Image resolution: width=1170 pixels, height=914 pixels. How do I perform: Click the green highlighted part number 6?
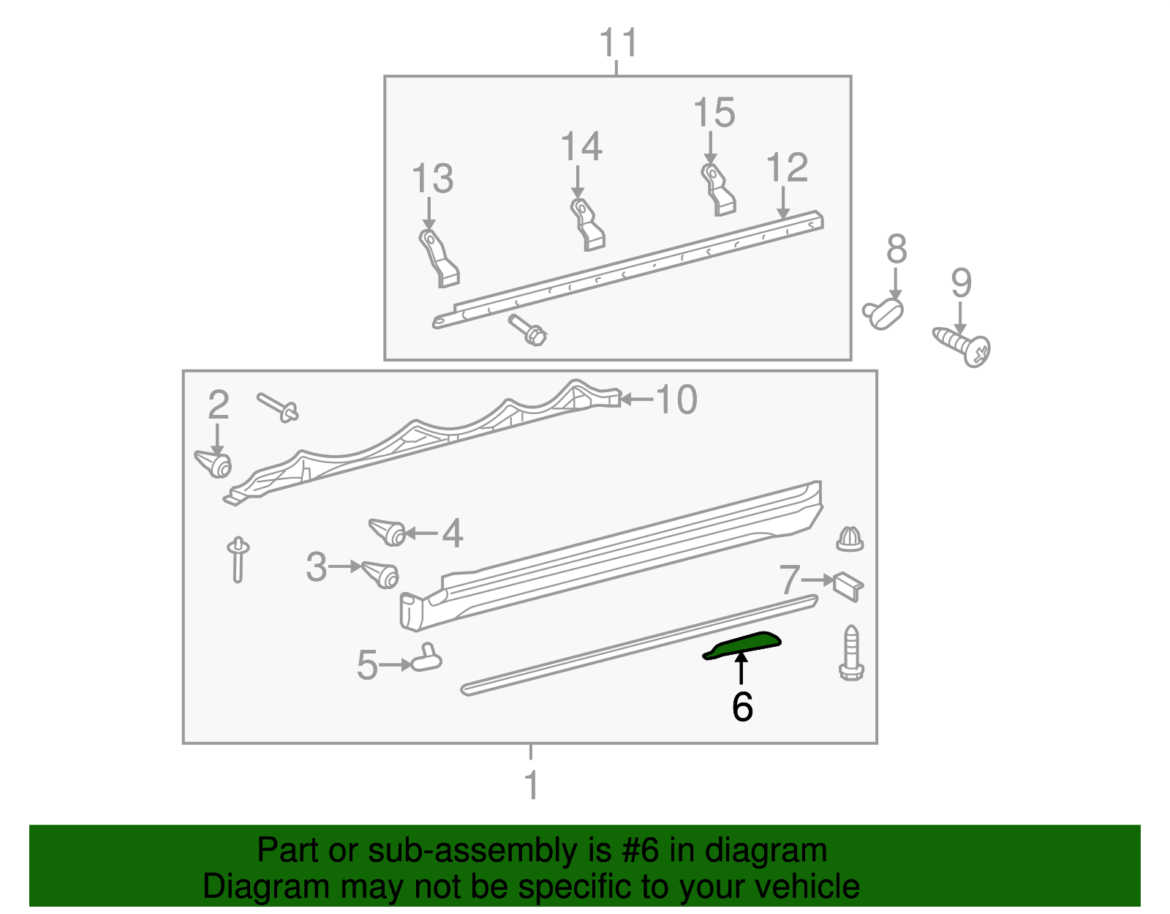coord(743,645)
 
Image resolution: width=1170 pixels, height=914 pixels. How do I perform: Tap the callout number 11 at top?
coord(619,43)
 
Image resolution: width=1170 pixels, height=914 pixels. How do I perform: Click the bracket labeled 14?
coord(588,224)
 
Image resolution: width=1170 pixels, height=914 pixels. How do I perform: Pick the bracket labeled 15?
coord(718,190)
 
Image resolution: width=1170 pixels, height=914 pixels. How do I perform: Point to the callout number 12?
coord(787,168)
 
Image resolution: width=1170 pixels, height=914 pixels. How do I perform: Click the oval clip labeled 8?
coord(884,312)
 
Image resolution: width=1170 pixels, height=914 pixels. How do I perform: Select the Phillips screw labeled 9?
coord(963,347)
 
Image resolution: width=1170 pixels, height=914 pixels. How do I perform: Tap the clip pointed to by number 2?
coord(214,463)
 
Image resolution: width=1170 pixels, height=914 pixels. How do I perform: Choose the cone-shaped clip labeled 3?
coord(380,573)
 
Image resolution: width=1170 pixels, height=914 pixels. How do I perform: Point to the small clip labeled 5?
coord(426,659)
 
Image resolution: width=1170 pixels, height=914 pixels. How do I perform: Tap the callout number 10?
coord(676,400)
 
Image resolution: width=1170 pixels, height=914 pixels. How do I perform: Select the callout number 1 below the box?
coord(532,786)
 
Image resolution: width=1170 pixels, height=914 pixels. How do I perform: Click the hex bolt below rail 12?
coord(528,330)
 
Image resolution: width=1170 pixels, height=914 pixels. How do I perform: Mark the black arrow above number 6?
coord(741,668)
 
